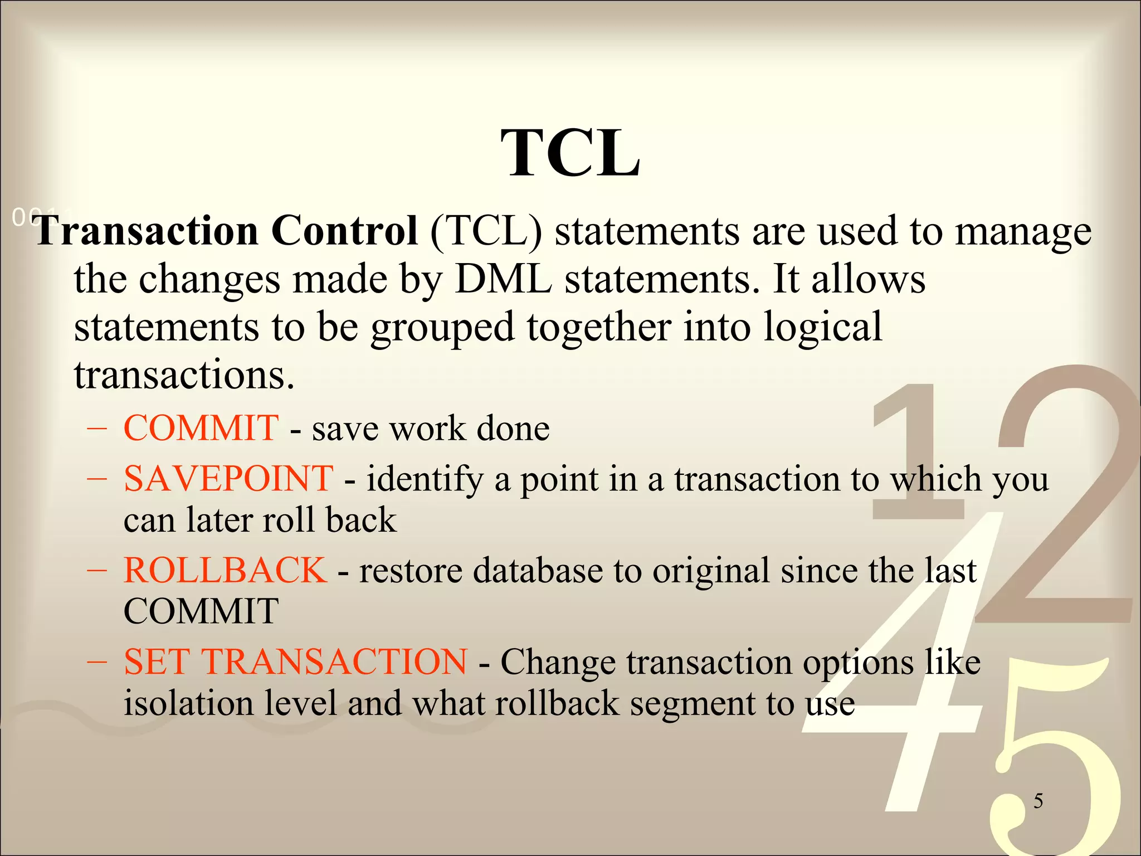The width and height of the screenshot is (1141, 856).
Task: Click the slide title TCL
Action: [570, 153]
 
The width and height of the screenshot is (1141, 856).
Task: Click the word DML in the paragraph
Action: [503, 279]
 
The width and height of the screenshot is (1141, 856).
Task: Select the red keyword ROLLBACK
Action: [225, 570]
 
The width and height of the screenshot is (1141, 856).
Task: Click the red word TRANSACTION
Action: [334, 662]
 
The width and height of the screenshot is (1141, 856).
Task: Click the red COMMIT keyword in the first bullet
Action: [201, 428]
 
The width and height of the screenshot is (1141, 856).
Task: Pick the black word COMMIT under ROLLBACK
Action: [201, 611]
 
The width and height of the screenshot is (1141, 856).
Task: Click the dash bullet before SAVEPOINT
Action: [97, 479]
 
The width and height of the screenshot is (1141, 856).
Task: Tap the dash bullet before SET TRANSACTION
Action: [97, 663]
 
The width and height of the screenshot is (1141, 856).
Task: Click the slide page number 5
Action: [1038, 801]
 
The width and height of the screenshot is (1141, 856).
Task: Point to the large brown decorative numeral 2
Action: [1059, 502]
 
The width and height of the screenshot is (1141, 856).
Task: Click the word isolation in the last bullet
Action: [188, 703]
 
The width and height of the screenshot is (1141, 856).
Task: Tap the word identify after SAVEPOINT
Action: [425, 479]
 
